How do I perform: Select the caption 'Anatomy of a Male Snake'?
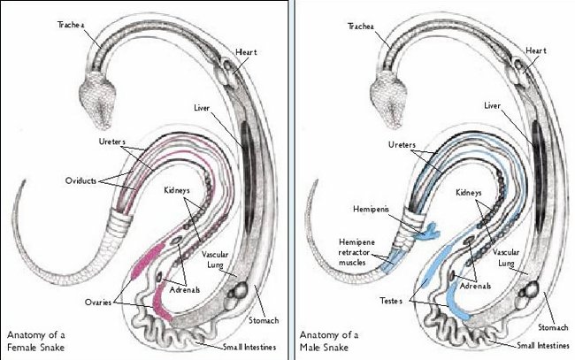[x=330, y=340]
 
